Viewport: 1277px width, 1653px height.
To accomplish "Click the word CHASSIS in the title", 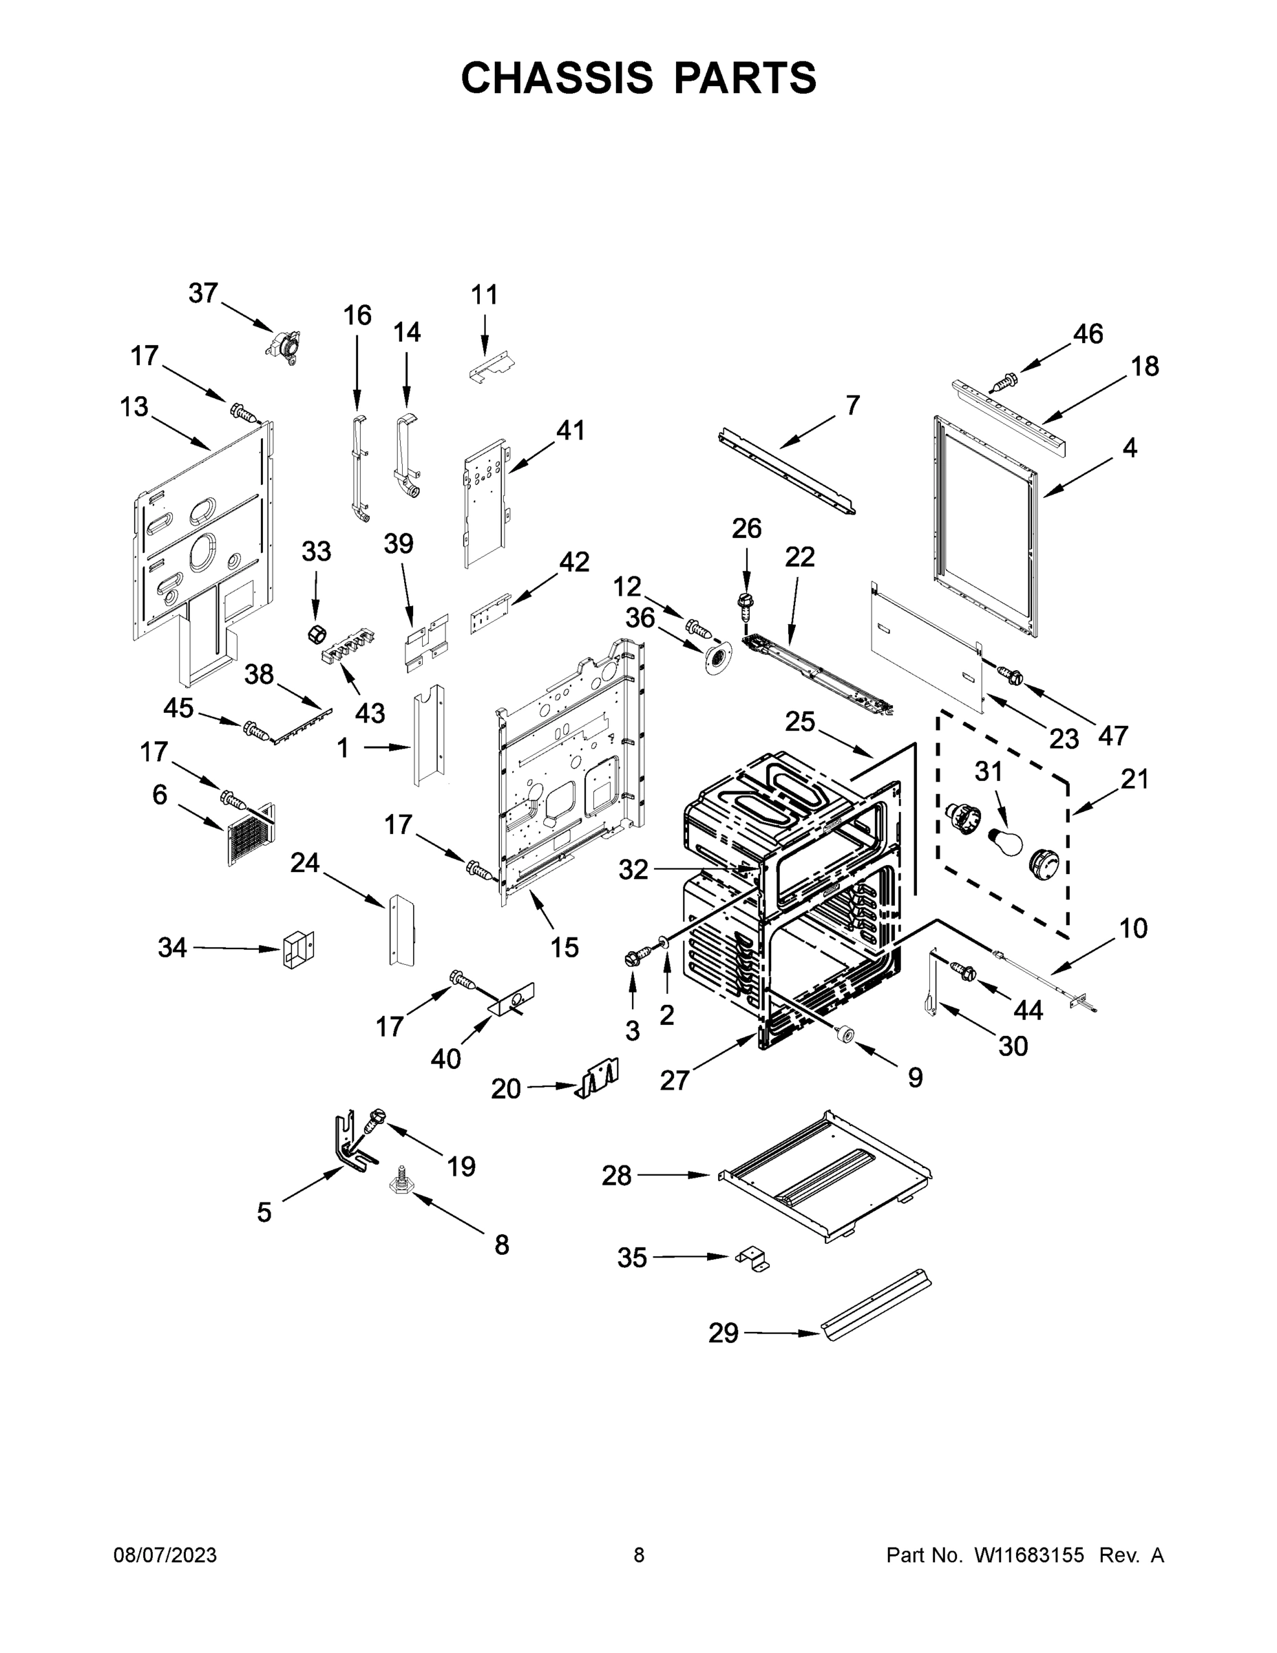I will point(557,78).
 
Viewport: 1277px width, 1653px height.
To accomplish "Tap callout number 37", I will point(203,293).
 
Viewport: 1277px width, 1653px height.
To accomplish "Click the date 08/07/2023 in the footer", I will point(165,1555).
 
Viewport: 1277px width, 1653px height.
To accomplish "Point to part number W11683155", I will point(1029,1555).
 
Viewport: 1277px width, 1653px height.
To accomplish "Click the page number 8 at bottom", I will point(639,1555).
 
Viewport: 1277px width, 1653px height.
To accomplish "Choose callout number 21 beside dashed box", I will point(1134,778).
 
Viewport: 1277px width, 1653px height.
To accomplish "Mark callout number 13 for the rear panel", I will point(134,406).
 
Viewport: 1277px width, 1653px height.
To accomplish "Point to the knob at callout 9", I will point(843,1033).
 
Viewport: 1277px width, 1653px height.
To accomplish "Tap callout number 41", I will point(571,430).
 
